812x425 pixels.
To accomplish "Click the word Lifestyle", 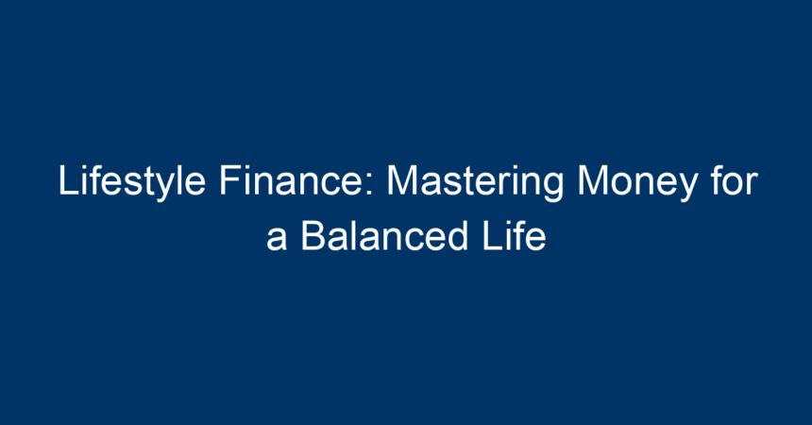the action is coord(131,181).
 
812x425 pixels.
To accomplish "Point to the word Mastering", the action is coord(475,181).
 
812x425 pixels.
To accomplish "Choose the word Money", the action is coord(637,181).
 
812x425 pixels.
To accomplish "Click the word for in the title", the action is coord(735,179).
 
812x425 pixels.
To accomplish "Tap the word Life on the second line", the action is coord(515,236).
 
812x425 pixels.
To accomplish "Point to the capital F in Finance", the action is coord(230,180).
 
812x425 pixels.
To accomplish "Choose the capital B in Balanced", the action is coord(313,236).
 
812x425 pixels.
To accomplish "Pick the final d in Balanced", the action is coord(458,236).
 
